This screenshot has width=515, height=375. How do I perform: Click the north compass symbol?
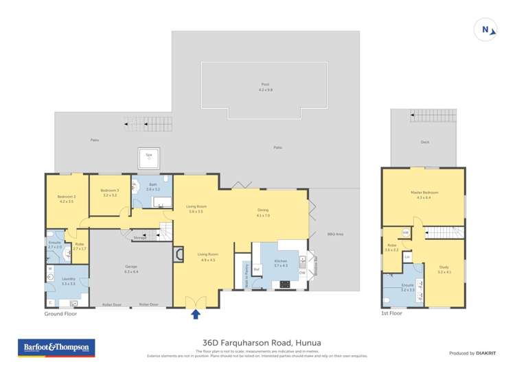tap(485, 29)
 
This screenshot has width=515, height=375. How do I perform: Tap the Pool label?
tap(265, 86)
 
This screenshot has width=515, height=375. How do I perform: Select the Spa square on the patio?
tap(149, 157)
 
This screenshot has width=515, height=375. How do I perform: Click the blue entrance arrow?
tap(196, 314)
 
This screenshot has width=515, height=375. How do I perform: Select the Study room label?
tap(444, 269)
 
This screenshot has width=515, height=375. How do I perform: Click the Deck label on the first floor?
tap(425, 143)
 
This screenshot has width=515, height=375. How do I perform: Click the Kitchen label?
tap(282, 263)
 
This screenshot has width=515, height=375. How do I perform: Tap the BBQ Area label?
tap(335, 234)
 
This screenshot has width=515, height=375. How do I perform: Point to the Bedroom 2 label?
tap(67, 199)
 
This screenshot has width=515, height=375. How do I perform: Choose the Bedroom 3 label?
tap(110, 192)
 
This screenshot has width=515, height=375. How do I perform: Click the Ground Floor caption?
tap(60, 313)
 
